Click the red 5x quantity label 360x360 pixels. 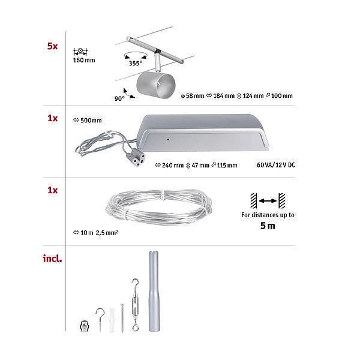(52, 46)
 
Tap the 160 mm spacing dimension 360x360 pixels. (84, 61)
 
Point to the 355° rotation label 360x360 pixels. (135, 63)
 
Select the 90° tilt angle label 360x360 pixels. (119, 98)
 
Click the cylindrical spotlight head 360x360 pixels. (156, 86)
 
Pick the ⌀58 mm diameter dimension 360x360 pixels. (193, 96)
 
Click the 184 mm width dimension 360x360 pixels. (221, 96)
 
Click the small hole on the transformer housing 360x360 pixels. (168, 139)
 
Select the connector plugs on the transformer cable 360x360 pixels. (136, 158)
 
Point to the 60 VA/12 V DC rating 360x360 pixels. (276, 165)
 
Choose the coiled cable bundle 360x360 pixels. (158, 207)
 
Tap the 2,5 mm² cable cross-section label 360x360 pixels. (107, 233)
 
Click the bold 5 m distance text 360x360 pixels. (268, 226)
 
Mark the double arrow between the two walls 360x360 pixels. (268, 201)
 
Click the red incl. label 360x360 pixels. (52, 259)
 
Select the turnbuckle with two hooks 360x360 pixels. (135, 305)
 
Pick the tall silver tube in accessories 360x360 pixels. (154, 292)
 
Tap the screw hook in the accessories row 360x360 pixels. (100, 319)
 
